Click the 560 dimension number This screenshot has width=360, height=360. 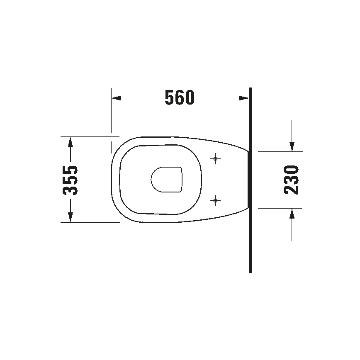[x=179, y=98]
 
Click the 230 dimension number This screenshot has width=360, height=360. [x=292, y=180]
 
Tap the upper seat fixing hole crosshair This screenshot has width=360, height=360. [x=215, y=158]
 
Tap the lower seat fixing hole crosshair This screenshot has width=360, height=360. [x=215, y=201]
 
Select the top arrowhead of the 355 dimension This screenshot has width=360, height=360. [x=71, y=142]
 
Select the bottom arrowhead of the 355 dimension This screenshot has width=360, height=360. [x=71, y=216]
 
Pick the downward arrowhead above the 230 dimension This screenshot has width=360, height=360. [x=292, y=146]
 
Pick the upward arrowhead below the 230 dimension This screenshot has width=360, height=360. [x=292, y=214]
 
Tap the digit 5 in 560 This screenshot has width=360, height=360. [x=169, y=98]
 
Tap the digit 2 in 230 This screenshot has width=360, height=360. [x=292, y=190]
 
